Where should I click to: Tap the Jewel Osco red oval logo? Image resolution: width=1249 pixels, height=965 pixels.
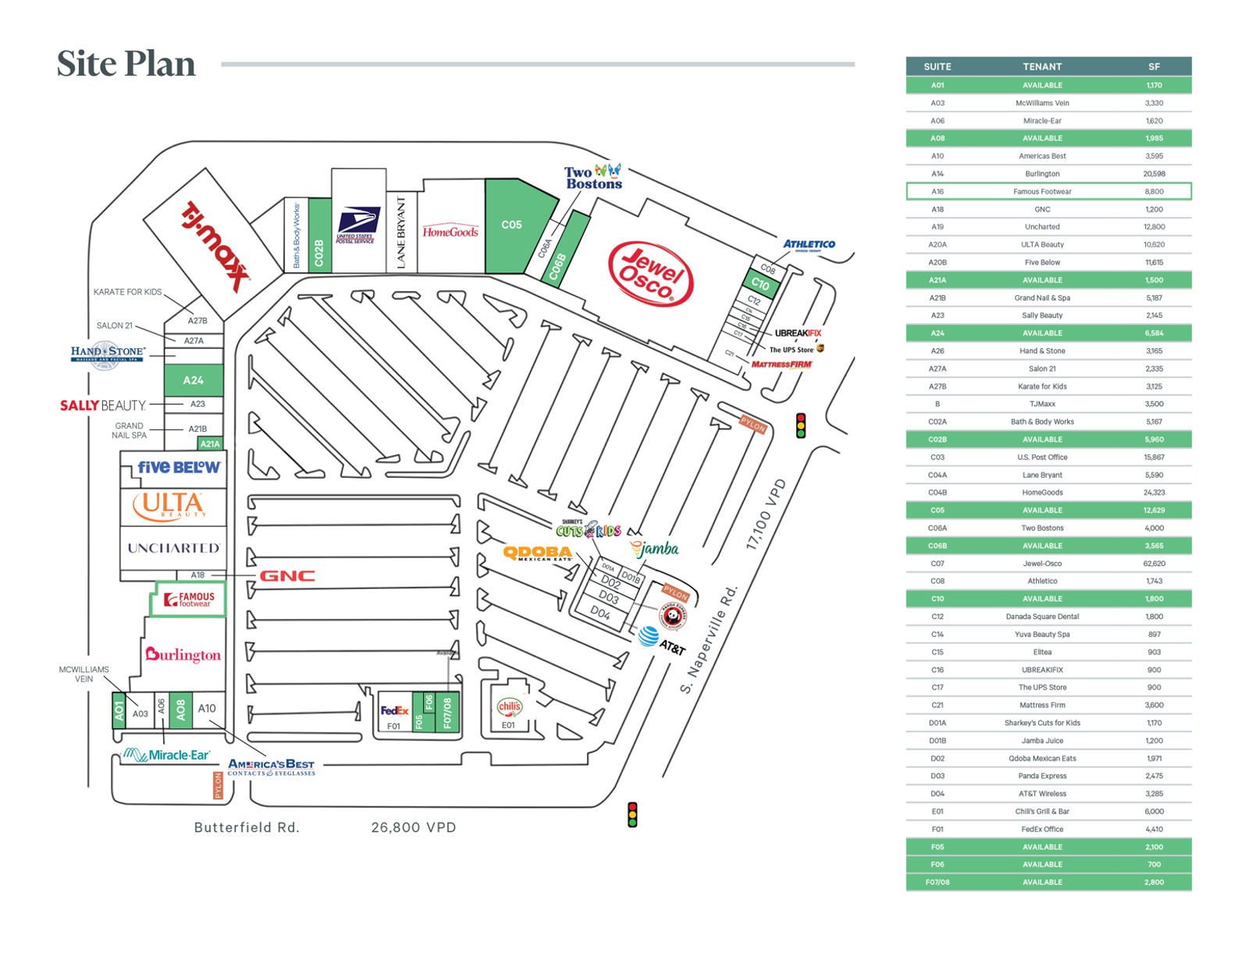[650, 273]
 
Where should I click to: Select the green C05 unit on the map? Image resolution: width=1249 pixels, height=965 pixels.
[511, 225]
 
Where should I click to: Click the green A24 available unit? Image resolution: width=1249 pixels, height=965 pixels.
[193, 380]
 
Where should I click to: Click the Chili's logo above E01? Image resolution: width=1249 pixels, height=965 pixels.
[509, 707]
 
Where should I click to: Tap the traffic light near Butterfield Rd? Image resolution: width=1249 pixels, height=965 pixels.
[632, 814]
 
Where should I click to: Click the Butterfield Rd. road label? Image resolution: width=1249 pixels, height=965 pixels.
[247, 828]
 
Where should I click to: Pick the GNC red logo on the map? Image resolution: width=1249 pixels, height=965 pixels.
[287, 576]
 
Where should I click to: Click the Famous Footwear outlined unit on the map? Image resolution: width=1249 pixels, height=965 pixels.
[188, 599]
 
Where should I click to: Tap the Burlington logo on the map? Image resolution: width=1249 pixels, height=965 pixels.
[183, 654]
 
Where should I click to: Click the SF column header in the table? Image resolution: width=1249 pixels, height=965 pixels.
[1154, 66]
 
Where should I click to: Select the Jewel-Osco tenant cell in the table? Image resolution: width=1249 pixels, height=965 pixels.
[1042, 564]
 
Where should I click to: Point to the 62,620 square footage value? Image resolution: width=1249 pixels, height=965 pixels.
[1154, 564]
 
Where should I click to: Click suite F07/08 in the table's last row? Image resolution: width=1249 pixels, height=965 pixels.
[938, 882]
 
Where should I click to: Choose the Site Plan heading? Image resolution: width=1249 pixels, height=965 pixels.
[126, 64]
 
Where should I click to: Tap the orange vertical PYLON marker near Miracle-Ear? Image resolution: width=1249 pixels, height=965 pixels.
[218, 785]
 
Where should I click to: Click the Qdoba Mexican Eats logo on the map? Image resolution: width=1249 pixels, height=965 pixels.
[537, 553]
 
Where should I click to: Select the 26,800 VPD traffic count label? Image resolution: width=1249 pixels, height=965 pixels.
[414, 828]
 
